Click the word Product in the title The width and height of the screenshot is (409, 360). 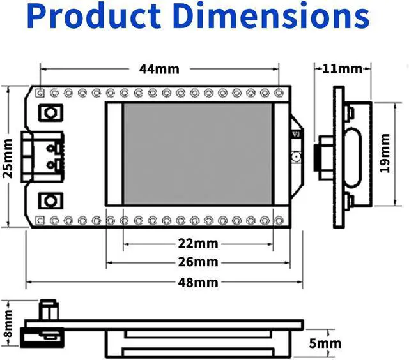click(x=95, y=17)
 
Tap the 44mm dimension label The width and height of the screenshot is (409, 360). click(x=159, y=68)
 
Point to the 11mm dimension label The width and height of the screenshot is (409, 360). click(x=342, y=68)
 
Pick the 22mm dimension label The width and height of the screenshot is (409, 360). click(x=197, y=243)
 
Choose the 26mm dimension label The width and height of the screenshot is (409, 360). click(x=197, y=262)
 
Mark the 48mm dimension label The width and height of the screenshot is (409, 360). click(x=197, y=282)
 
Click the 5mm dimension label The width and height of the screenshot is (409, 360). click(x=325, y=343)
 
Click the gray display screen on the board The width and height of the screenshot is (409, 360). click(x=197, y=153)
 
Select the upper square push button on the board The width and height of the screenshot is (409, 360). click(x=49, y=113)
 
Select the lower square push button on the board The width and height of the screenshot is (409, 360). click(x=49, y=201)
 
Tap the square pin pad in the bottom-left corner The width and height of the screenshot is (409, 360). click(x=40, y=221)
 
